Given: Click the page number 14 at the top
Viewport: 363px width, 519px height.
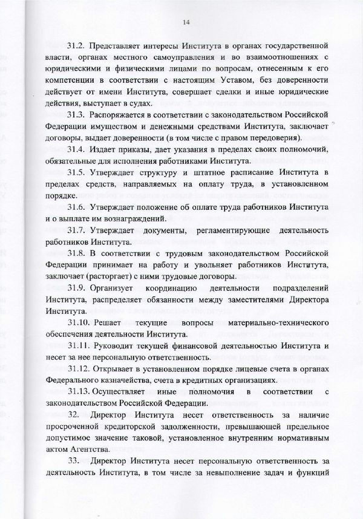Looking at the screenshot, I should [186, 22].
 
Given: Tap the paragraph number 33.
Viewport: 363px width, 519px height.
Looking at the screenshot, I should [73, 462].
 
